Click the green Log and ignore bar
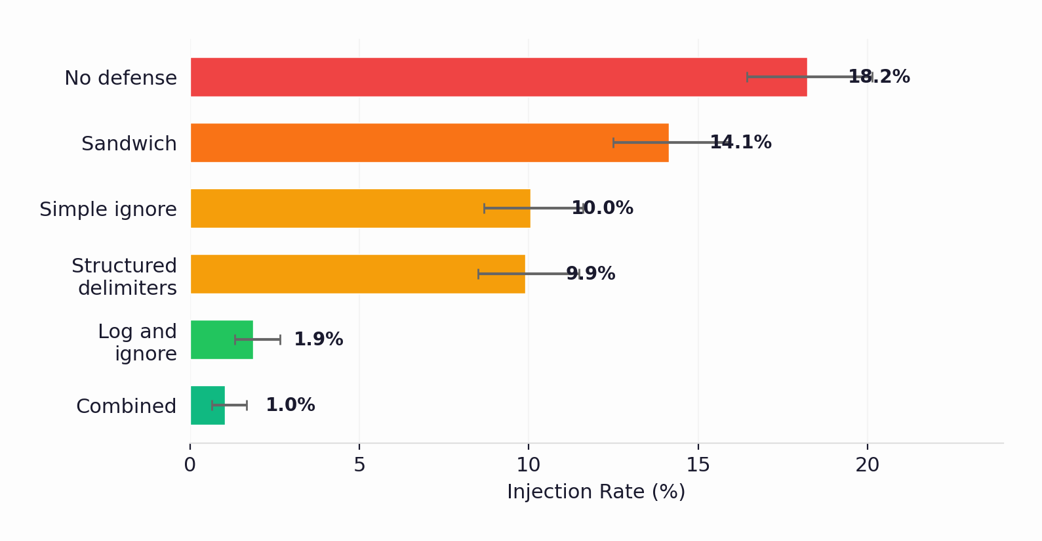coord(221,339)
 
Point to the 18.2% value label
coord(879,77)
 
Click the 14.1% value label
coord(740,142)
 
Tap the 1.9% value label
coord(318,339)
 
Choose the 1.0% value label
coord(290,405)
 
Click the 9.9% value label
coord(590,274)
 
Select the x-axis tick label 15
coord(698,465)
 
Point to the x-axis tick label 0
coord(190,465)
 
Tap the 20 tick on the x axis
coord(867,465)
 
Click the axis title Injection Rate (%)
coord(595,492)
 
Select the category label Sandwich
coord(129,144)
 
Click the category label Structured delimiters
coord(124,276)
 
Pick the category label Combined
coord(126,406)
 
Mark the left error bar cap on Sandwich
coord(613,142)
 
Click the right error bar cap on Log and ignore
coord(280,339)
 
